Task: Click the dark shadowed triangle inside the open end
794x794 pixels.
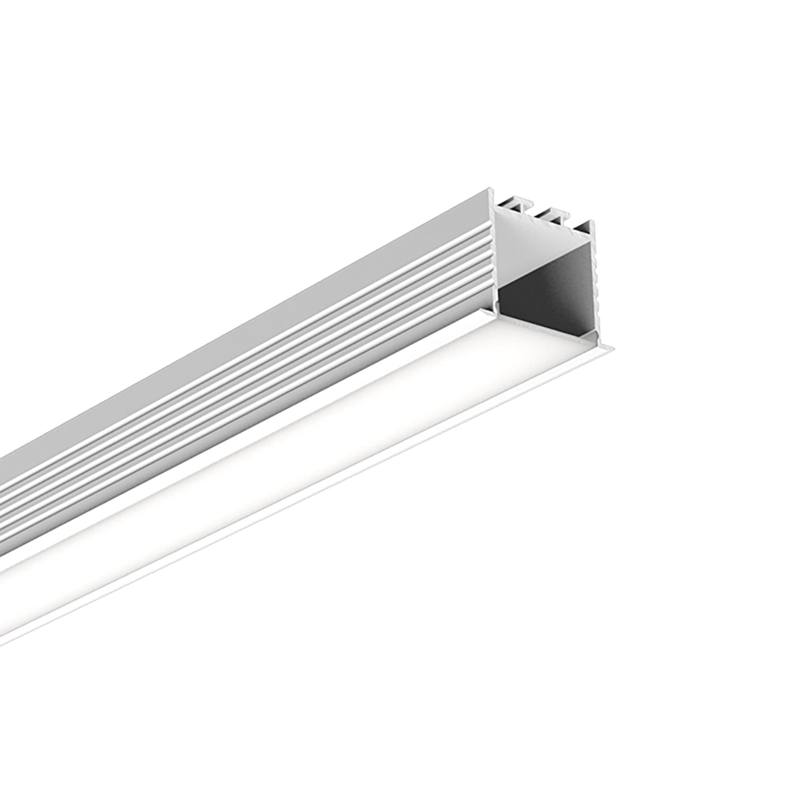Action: click(x=551, y=302)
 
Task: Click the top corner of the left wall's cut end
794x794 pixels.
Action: click(x=491, y=189)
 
